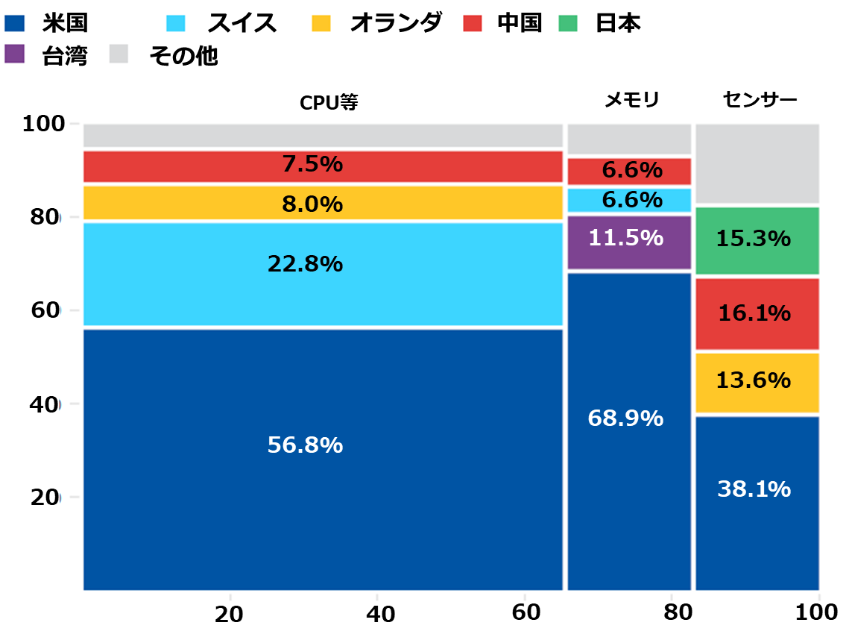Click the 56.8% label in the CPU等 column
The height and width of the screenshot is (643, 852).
coord(305,445)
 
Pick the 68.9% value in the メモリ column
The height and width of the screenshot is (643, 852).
coord(625,418)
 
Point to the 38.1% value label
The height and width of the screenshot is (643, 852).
coord(754,489)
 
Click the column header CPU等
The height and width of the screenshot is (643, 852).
coord(329,102)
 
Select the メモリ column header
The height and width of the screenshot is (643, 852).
coord(631,99)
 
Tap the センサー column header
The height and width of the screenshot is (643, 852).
coord(760,99)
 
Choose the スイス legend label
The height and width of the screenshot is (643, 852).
coord(242,23)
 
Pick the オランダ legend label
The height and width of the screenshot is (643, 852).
coord(395,23)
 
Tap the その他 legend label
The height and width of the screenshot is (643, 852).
coord(183,55)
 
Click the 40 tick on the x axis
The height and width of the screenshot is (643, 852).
coord(379,614)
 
